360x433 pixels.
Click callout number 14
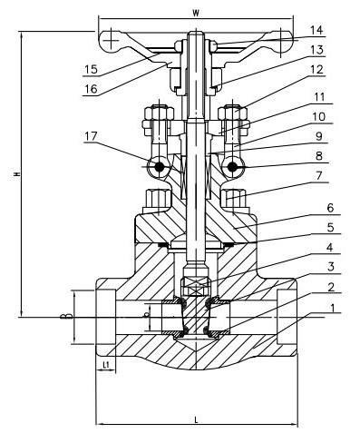(316, 30)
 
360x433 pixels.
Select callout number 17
(91, 136)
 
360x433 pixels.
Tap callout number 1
(333, 308)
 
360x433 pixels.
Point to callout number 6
(330, 208)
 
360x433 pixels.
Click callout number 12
(316, 70)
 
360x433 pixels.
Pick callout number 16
(91, 89)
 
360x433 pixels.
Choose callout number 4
(330, 248)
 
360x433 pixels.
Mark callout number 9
(319, 136)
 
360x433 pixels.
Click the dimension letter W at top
(196, 13)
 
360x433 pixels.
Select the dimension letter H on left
(17, 174)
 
